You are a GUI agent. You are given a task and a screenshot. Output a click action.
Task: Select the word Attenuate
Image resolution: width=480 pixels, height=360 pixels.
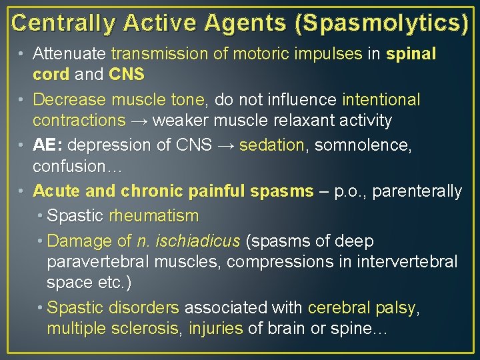(x=69, y=53)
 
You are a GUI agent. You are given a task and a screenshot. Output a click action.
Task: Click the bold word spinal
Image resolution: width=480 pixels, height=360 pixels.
(x=411, y=53)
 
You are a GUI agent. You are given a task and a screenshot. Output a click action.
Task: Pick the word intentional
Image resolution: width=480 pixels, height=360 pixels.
(x=381, y=100)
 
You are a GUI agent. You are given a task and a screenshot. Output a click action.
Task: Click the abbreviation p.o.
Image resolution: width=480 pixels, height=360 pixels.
(x=349, y=191)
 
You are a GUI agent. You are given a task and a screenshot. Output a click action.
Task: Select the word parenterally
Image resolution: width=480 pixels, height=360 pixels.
(x=417, y=191)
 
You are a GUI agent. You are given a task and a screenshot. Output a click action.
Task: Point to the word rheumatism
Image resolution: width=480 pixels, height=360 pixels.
(x=154, y=216)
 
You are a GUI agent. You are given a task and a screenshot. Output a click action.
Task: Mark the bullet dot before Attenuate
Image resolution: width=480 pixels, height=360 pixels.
(x=23, y=53)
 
